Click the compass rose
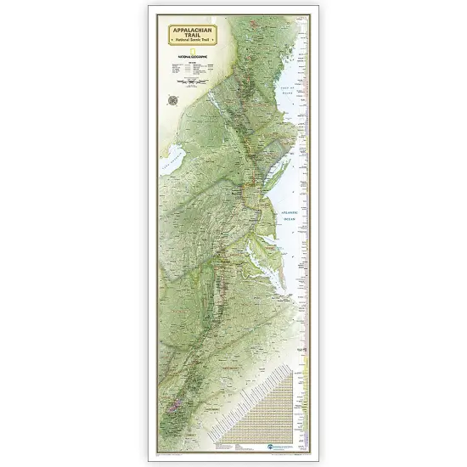pos(174,99)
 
